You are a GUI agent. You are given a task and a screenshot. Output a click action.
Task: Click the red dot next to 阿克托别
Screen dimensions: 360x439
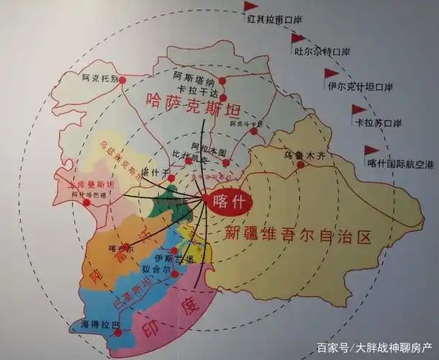123,79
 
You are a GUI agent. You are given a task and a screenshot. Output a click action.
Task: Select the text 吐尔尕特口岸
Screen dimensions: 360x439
322,52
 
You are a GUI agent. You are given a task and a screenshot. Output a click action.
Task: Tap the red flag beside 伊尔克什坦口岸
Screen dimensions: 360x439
330,73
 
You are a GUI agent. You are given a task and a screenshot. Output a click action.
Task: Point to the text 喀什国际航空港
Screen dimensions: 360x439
400,163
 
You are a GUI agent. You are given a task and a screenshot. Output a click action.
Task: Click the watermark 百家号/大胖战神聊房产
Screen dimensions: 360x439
374,347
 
